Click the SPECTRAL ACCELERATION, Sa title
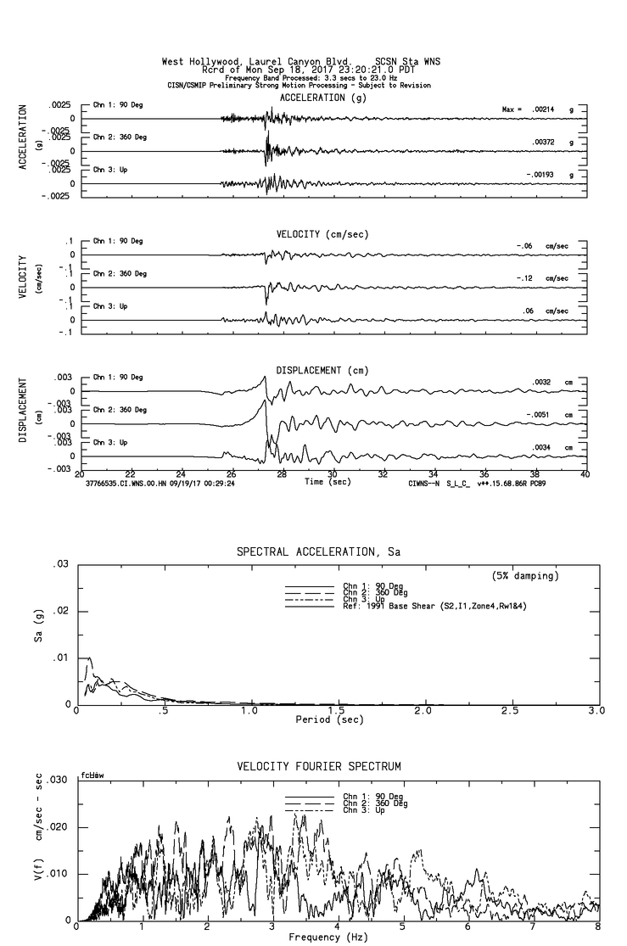click(x=318, y=552)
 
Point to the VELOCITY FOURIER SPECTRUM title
click(x=318, y=767)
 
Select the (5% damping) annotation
click(x=524, y=576)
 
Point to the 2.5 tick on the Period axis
click(x=511, y=711)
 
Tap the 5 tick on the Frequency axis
click(x=402, y=927)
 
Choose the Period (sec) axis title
click(x=326, y=720)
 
